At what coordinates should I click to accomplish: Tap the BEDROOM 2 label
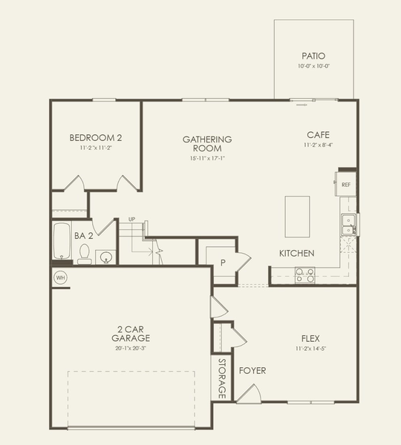coord(96,137)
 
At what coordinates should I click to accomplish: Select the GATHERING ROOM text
coord(207,143)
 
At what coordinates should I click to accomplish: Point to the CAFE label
coord(318,135)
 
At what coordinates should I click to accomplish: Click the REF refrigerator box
coord(346,184)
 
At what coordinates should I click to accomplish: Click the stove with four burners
coord(304,274)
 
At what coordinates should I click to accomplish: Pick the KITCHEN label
coord(296,254)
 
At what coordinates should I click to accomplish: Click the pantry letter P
coord(222,263)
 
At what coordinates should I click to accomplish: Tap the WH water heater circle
coord(60,277)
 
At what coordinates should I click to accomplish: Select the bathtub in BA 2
coord(61,241)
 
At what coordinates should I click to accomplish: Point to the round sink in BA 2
coord(107,257)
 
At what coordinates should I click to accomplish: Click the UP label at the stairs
coord(131,220)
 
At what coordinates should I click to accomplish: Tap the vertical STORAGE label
coord(221,378)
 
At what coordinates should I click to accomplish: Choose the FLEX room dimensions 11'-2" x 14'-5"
coord(310,348)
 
